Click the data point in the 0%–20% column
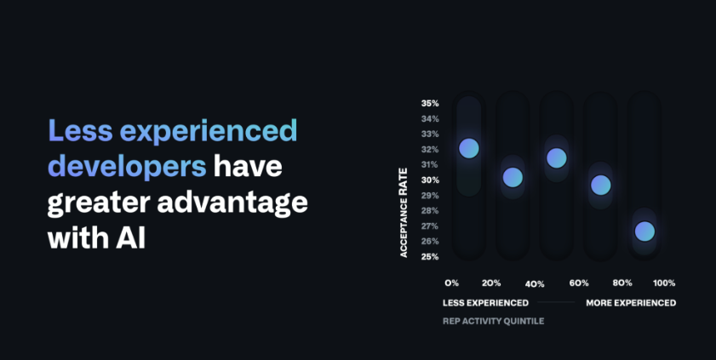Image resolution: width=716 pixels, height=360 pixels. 469,148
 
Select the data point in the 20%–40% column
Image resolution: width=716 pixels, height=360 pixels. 513,177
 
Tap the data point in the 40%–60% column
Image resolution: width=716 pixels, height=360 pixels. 557,157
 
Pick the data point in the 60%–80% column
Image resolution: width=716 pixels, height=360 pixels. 600,186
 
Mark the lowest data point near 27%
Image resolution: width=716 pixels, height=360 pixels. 644,231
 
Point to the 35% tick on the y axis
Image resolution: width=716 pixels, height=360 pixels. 430,104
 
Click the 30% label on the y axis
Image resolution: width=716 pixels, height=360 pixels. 430,180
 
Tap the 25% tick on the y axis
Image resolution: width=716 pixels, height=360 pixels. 430,257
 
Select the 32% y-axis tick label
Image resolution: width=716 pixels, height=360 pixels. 430,150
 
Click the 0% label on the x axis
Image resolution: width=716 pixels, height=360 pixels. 451,283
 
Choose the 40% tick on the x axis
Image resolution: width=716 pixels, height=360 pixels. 535,284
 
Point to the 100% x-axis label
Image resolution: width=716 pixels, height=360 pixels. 664,283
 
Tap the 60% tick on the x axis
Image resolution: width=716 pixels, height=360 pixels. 579,283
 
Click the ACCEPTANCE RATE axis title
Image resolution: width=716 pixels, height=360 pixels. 404,213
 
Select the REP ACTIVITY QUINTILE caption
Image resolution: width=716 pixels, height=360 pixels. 493,321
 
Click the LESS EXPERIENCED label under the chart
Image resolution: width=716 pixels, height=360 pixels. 485,303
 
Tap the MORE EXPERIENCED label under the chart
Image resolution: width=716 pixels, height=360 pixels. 631,303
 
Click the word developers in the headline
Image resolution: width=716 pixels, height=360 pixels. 127,167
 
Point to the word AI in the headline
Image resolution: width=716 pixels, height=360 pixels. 130,237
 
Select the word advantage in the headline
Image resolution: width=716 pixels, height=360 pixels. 232,203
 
